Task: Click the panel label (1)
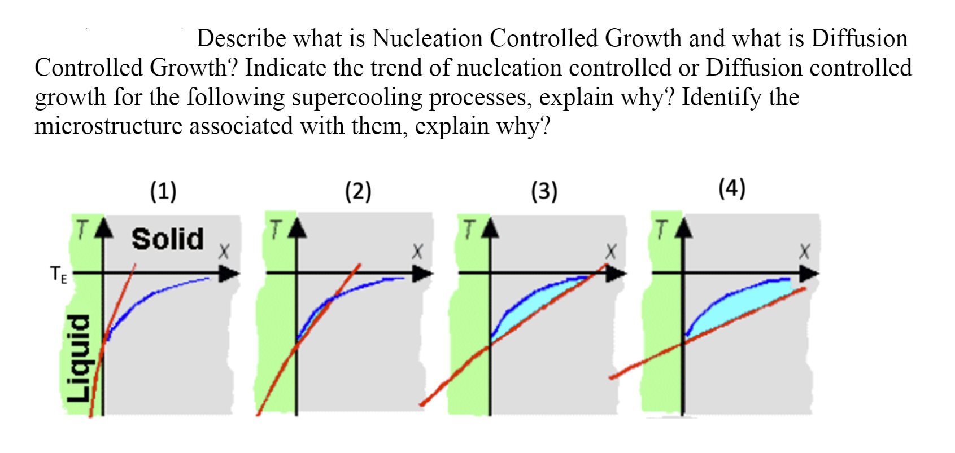[163, 191]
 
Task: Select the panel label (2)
[358, 191]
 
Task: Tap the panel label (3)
[544, 191]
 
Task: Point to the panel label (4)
[732, 188]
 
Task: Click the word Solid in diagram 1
[168, 239]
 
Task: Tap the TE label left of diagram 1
[59, 275]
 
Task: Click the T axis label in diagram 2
[275, 230]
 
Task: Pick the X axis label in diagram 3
[610, 252]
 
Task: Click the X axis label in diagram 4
[804, 252]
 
